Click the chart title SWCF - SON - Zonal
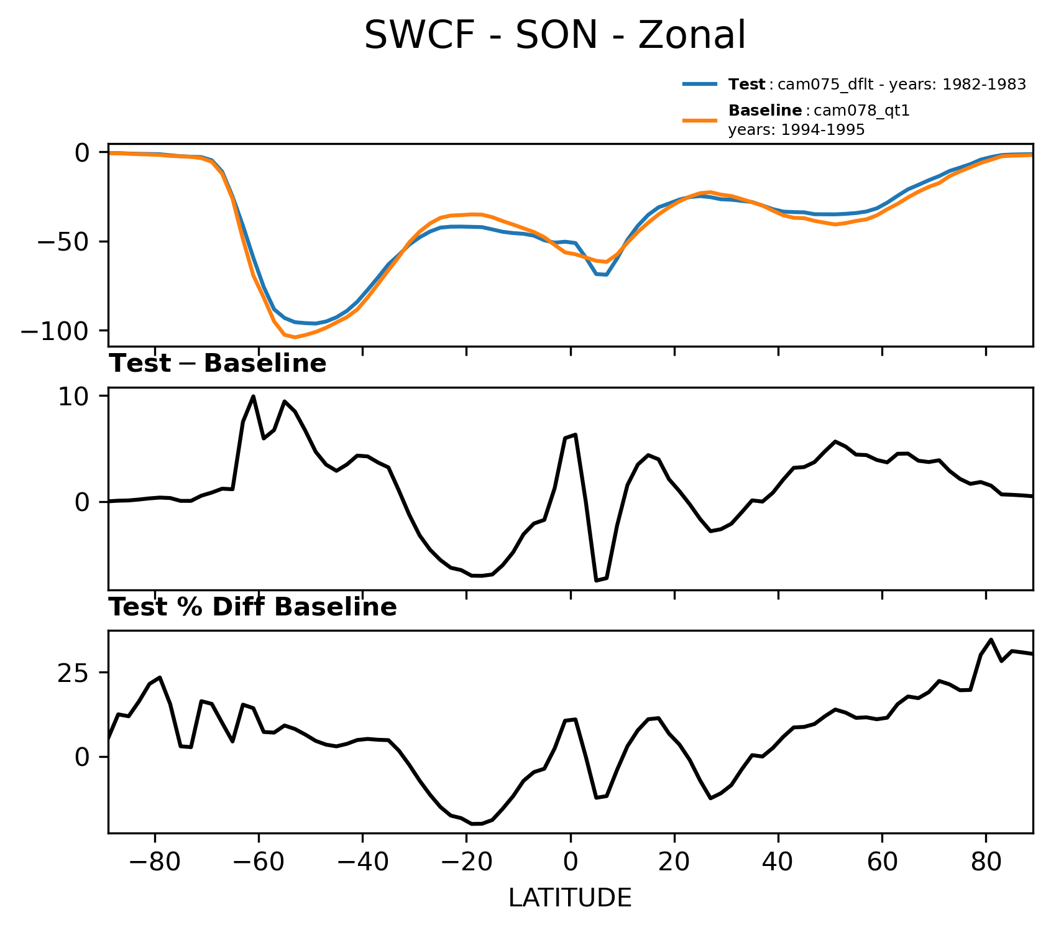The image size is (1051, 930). pos(554,35)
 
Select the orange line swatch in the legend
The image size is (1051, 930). pos(700,120)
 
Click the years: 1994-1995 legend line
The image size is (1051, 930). pos(796,130)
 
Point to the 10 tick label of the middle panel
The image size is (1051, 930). pos(73,397)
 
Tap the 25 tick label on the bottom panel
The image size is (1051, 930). pos(73,673)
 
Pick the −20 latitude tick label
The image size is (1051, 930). pos(466,863)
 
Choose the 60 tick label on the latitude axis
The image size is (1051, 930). pos(882,863)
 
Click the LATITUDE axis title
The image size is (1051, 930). pos(570,898)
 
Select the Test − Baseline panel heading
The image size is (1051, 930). pos(218,364)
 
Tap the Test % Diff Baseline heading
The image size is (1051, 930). pos(253,607)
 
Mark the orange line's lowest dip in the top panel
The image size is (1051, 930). pos(295,338)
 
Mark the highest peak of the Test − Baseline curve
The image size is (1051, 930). pos(253,396)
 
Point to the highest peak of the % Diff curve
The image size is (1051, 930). pos(991,639)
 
